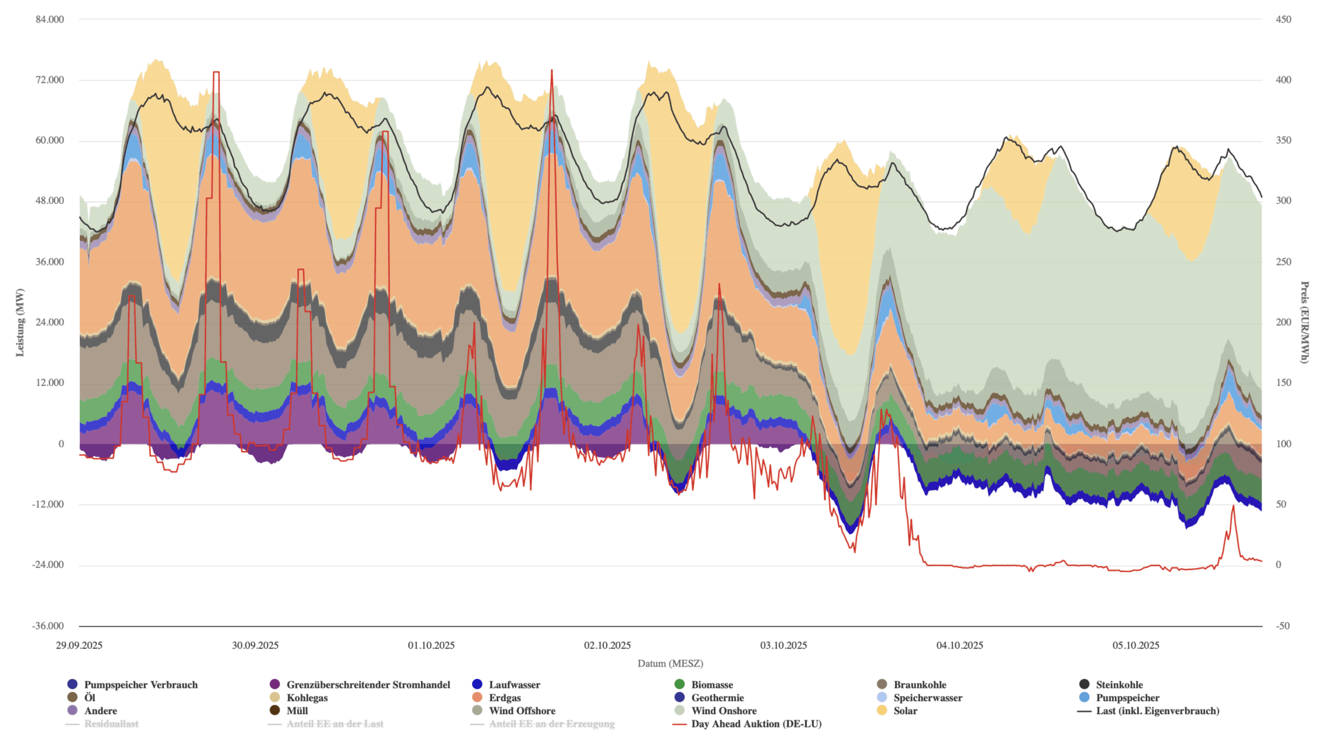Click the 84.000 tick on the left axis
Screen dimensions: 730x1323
[50, 19]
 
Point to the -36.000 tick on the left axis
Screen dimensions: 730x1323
[48, 626]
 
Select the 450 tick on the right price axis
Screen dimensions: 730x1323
[1283, 19]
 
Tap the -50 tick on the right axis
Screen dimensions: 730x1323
[1282, 626]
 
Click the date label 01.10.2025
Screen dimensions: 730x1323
[431, 645]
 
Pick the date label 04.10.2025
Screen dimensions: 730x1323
[959, 645]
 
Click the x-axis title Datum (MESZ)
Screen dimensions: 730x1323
[670, 663]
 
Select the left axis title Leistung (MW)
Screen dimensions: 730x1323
[20, 323]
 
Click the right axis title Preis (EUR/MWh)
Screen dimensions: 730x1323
[1304, 323]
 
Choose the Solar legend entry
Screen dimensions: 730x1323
[905, 711]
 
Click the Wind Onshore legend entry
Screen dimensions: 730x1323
[724, 711]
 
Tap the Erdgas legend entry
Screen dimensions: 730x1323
[504, 698]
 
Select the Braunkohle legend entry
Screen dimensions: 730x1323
[919, 685]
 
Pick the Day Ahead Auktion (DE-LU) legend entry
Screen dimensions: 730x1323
[756, 724]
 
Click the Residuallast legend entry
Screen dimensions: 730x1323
[111, 724]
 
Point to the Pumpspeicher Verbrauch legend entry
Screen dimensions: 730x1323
[141, 685]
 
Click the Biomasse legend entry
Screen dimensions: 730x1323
[712, 685]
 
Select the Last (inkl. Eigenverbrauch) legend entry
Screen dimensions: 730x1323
[1157, 711]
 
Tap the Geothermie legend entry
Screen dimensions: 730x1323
[717, 698]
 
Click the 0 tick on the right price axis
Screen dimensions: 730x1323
[1278, 565]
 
